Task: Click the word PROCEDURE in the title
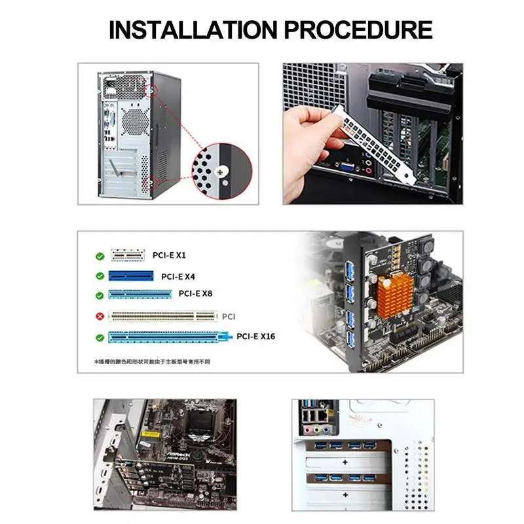tap(350, 30)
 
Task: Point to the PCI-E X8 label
tap(195, 294)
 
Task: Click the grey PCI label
tap(229, 316)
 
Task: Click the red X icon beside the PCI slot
tap(100, 316)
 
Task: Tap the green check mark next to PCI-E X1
tap(100, 256)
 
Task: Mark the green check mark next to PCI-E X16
tap(100, 338)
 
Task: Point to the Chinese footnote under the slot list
tap(157, 362)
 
